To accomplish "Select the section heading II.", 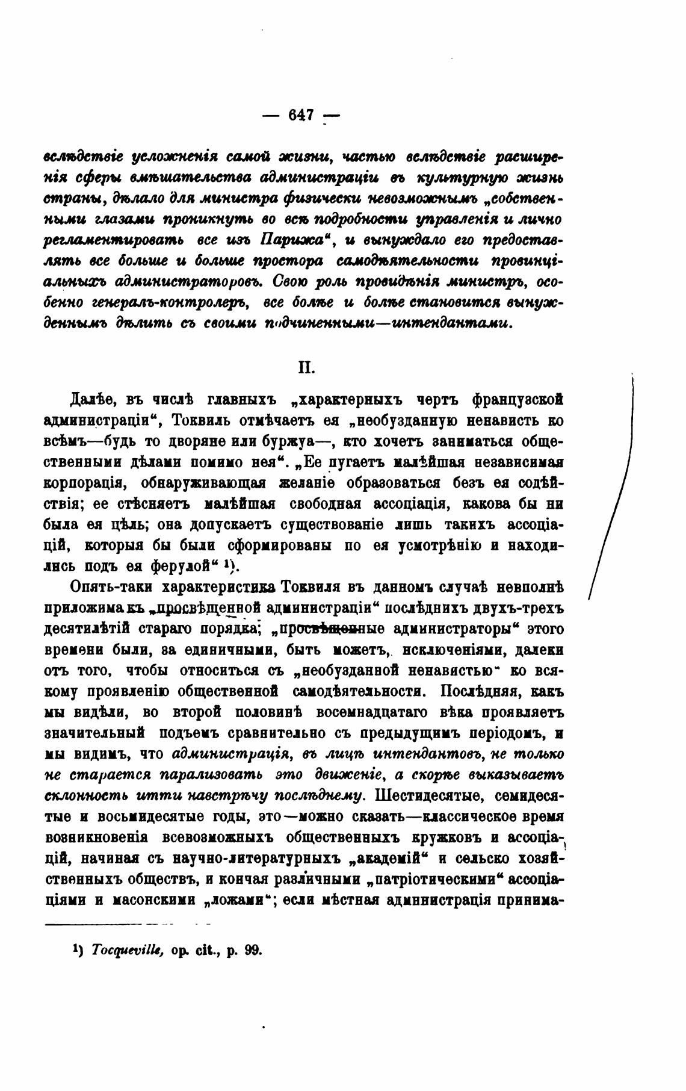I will click(306, 367).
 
